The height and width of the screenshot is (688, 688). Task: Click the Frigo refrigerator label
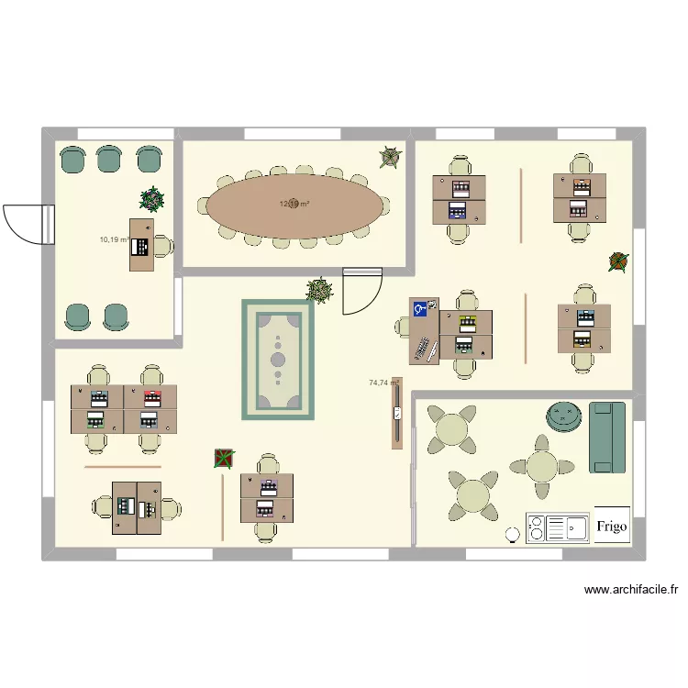[x=612, y=526]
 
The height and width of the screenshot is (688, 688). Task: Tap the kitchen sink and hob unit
[x=557, y=528]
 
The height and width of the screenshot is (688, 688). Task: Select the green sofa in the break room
[x=606, y=438]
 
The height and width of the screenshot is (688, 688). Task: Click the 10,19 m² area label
[x=113, y=239]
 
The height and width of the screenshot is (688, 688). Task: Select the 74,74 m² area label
[x=383, y=383]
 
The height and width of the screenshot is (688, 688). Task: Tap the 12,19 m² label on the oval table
[x=294, y=205]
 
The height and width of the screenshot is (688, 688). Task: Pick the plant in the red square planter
[x=223, y=458]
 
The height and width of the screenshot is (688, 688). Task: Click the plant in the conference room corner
[x=390, y=158]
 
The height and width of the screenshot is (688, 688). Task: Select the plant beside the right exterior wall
[x=619, y=262]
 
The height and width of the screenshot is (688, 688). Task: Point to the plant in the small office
[x=151, y=198]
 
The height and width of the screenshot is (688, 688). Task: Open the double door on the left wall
[x=24, y=223]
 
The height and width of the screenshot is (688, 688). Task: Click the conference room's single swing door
[x=361, y=292]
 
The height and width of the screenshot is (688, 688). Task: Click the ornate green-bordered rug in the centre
[x=278, y=359]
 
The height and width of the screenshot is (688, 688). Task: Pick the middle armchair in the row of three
[x=110, y=159]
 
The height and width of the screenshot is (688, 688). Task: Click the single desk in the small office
[x=141, y=245]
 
